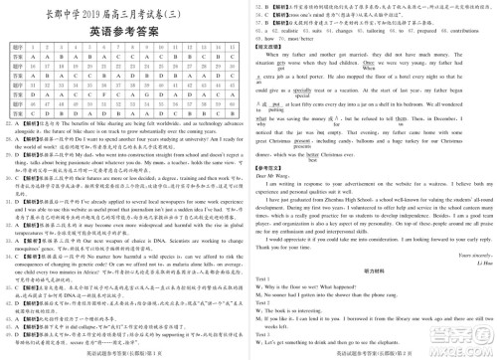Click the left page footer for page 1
124,354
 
